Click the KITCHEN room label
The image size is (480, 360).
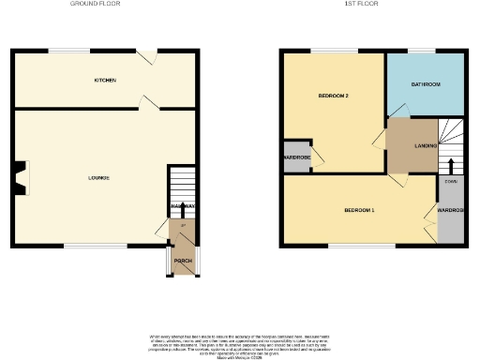pyautogui.click(x=105, y=81)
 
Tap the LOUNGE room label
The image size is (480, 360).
pyautogui.click(x=99, y=178)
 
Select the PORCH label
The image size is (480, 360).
pyautogui.click(x=182, y=261)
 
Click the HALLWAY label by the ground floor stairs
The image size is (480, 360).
pyautogui.click(x=182, y=206)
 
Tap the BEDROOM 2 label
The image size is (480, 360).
pyautogui.click(x=332, y=96)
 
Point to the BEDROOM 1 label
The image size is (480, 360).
pyautogui.click(x=359, y=209)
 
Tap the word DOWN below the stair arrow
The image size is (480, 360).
pyautogui.click(x=451, y=181)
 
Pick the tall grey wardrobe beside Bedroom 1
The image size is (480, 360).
pyautogui.click(x=450, y=211)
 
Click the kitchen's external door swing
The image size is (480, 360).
pyautogui.click(x=145, y=57)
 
